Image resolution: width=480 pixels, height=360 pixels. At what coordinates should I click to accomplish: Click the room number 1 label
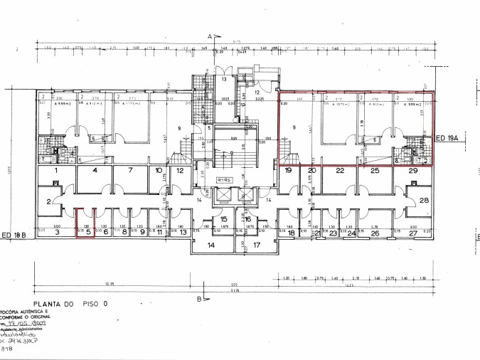[x=55, y=171]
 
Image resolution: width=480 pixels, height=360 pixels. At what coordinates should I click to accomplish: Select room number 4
[x=94, y=171]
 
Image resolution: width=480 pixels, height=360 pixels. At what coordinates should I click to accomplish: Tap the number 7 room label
[x=131, y=171]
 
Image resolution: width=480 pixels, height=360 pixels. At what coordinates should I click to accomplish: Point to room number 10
[x=159, y=171]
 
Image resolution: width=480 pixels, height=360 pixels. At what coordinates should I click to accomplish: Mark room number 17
[x=257, y=245]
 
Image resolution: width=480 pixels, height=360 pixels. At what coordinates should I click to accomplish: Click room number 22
[x=340, y=171]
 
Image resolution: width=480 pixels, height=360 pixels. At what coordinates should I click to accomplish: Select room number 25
[x=374, y=171]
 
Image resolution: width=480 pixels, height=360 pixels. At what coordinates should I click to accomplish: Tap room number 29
[x=413, y=171]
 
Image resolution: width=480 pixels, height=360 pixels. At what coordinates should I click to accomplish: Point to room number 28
[x=425, y=201]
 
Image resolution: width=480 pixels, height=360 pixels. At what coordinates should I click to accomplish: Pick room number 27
[x=414, y=233]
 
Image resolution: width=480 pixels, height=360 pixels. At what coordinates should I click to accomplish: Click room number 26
[x=375, y=233]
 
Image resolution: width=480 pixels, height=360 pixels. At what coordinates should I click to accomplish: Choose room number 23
[x=333, y=233]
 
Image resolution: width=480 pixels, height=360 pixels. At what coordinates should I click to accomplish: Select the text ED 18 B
[x=14, y=235]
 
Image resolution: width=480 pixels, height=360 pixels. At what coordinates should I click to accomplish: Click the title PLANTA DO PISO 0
[x=69, y=302]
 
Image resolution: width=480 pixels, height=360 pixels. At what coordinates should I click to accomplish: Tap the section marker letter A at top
[x=210, y=35]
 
